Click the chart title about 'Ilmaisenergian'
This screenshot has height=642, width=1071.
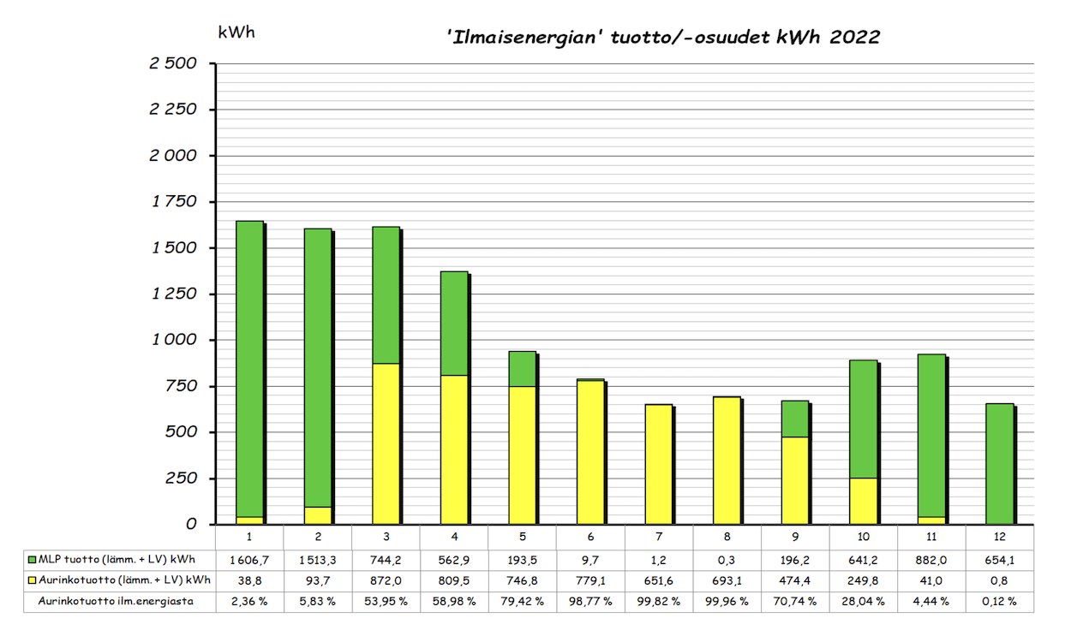point(664,38)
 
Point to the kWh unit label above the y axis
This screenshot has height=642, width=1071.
point(236,33)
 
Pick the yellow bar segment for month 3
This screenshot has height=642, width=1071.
point(386,443)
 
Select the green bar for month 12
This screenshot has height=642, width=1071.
point(1000,463)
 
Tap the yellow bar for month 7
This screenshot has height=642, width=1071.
point(659,464)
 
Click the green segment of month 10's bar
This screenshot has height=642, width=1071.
point(864,419)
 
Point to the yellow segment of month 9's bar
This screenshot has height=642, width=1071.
point(795,480)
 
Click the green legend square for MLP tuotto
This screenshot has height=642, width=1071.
point(33,560)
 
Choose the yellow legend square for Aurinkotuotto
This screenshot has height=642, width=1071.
point(33,580)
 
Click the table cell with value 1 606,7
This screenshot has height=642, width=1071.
point(248,560)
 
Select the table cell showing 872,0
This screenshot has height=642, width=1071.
point(386,580)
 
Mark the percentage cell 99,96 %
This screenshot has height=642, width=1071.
point(727,601)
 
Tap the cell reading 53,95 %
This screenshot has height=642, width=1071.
point(386,601)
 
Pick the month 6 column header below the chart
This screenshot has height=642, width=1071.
point(590,537)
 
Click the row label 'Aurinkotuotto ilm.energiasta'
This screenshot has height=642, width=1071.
point(115,601)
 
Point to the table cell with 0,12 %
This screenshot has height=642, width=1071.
point(1000,601)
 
